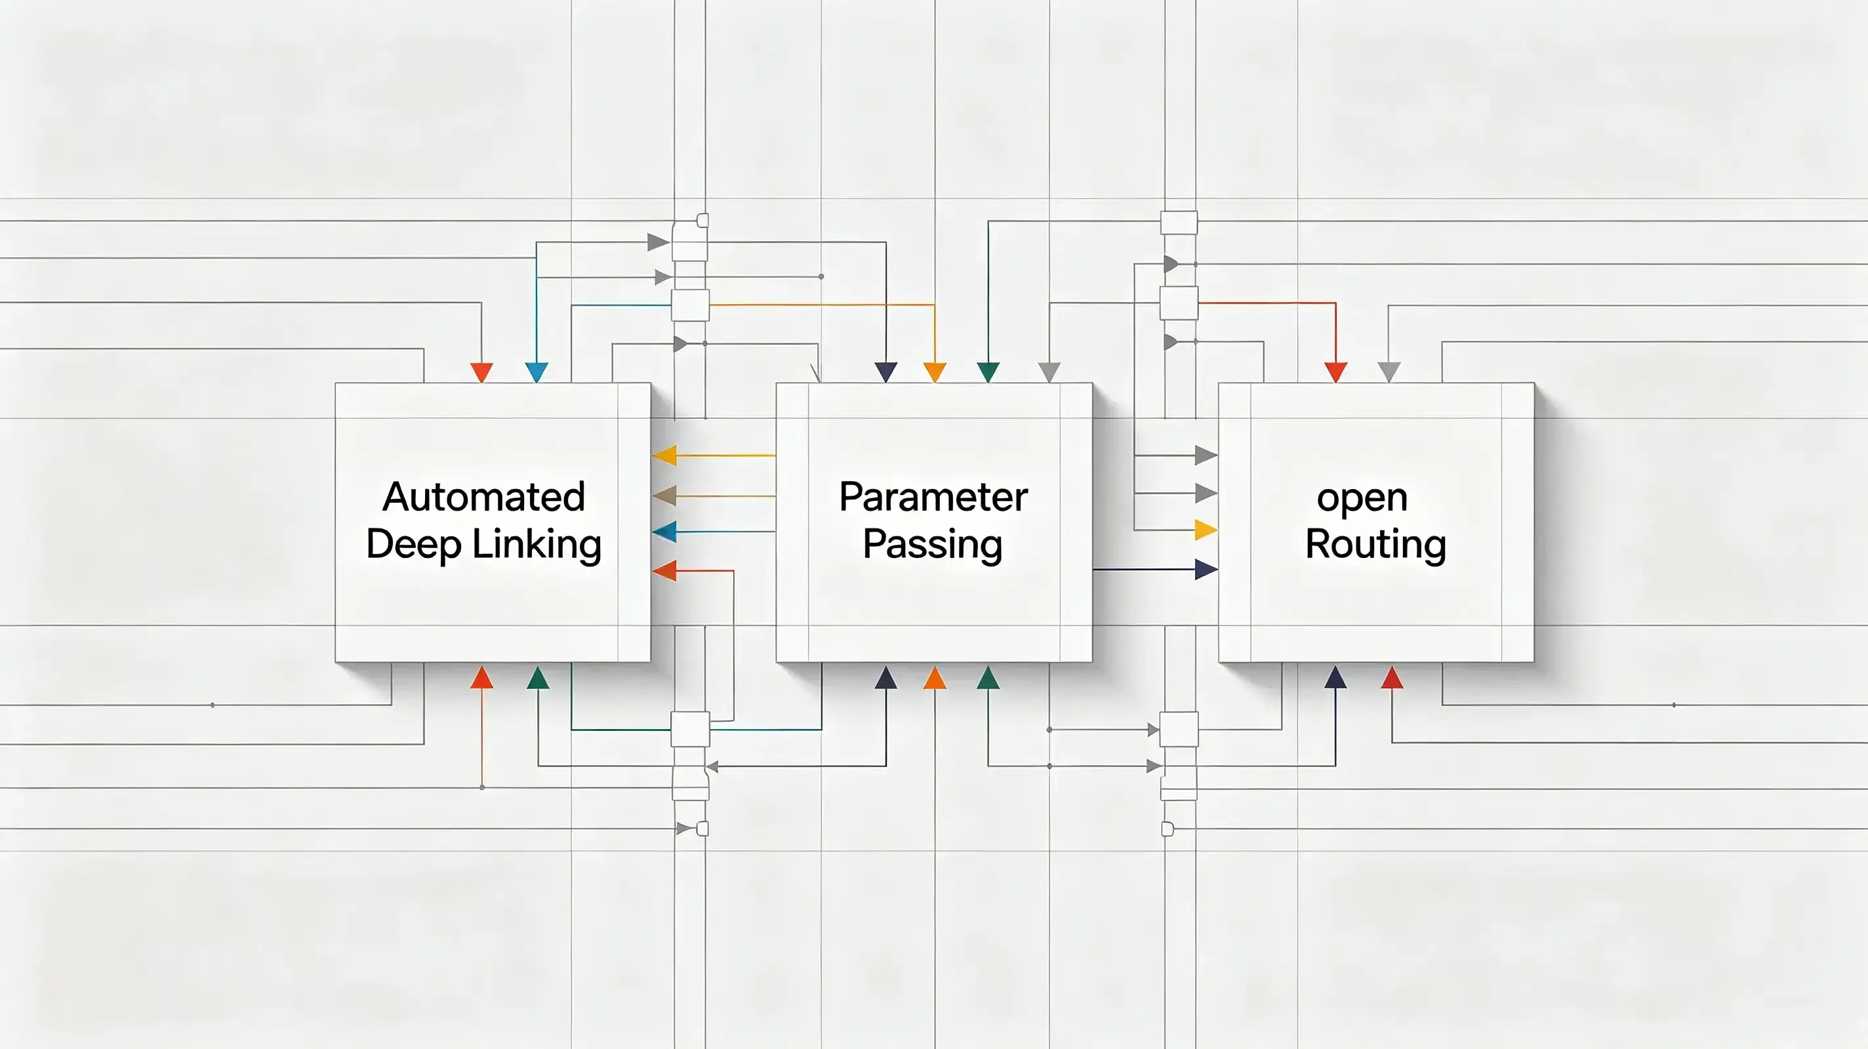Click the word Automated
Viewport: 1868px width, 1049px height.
pyautogui.click(x=483, y=498)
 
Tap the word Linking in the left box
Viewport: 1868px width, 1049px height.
pyautogui.click(x=537, y=544)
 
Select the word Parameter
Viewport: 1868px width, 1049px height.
pyautogui.click(x=933, y=498)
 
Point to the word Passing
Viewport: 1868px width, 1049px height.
pyautogui.click(x=933, y=544)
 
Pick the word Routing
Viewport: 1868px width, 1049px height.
pyautogui.click(x=1375, y=544)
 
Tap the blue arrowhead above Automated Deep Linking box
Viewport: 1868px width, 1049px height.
pyautogui.click(x=537, y=372)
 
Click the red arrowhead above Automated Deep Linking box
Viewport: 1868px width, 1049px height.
pyautogui.click(x=481, y=372)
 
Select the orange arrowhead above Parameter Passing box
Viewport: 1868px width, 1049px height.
pyautogui.click(x=935, y=372)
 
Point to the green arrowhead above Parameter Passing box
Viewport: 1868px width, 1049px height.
pyautogui.click(x=988, y=372)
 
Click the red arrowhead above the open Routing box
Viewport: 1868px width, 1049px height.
pyautogui.click(x=1335, y=372)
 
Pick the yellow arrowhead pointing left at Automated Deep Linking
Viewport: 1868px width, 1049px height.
pyautogui.click(x=664, y=455)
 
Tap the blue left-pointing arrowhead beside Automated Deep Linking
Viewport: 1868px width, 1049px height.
pyautogui.click(x=664, y=532)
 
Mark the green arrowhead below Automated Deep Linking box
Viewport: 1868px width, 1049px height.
pyautogui.click(x=537, y=678)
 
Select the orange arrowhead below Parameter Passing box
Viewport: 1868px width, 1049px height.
pyautogui.click(x=935, y=678)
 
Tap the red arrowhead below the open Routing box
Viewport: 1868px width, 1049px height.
pyautogui.click(x=1392, y=678)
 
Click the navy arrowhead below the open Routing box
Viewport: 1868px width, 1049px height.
pyautogui.click(x=1335, y=678)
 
